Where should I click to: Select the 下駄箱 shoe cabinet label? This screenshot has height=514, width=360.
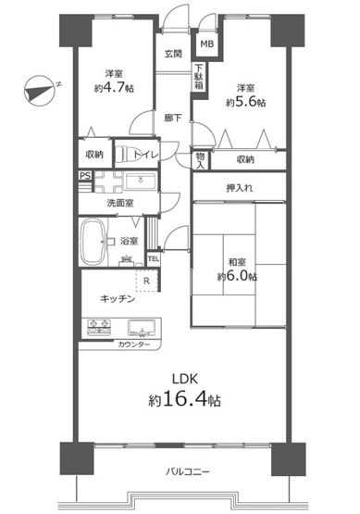tap(199, 75)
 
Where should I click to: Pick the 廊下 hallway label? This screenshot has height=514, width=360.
tap(173, 118)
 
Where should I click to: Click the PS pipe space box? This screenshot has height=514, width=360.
tap(84, 175)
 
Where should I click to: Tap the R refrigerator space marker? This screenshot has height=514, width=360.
tap(146, 282)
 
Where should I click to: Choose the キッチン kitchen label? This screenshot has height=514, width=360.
tap(119, 300)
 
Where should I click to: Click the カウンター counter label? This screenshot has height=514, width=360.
tap(133, 345)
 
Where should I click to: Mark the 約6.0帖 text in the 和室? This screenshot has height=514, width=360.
tap(237, 275)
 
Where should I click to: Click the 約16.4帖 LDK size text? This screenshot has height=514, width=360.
tap(183, 401)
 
